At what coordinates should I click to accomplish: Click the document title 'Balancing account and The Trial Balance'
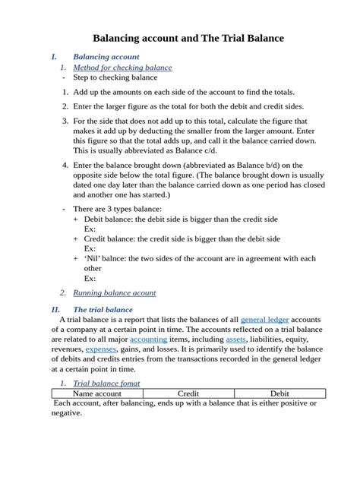pos(188,38)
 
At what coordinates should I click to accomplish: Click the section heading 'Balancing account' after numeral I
pos(106,57)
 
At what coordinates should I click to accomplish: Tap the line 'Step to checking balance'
pos(115,77)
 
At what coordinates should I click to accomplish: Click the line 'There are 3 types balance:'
pos(117,209)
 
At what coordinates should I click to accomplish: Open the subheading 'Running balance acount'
pos(114,292)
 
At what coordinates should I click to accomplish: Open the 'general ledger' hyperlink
pos(264,320)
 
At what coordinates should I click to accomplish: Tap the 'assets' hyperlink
pos(236,339)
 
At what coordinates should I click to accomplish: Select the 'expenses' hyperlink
pos(101,349)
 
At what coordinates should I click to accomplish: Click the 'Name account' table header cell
pos(97,394)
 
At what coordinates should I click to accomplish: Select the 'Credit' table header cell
pos(188,394)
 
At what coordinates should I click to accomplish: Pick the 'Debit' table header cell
pos(279,394)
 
